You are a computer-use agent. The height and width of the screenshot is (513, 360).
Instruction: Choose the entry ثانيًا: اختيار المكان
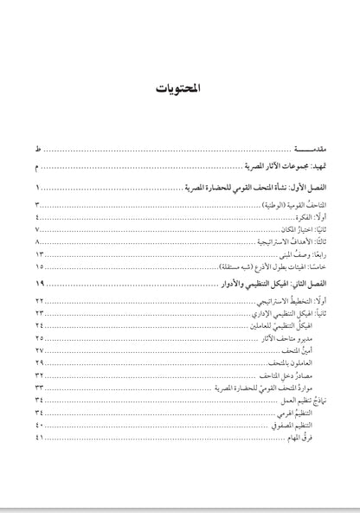tap(299, 232)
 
